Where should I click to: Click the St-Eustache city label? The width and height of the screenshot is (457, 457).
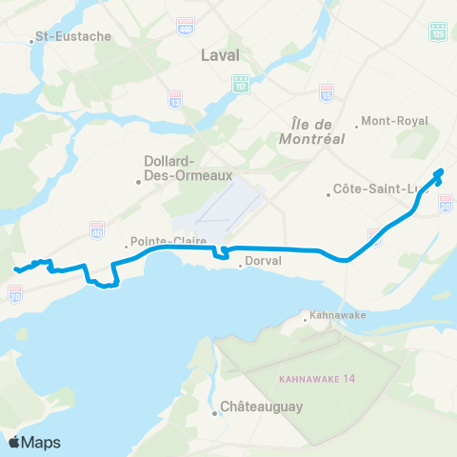[72, 37]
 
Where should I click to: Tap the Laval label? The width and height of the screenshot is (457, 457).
[220, 55]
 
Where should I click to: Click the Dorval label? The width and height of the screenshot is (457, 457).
[260, 267]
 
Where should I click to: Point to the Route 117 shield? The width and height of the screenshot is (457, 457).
[242, 84]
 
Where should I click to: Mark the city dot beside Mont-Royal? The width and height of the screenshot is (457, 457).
[356, 122]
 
